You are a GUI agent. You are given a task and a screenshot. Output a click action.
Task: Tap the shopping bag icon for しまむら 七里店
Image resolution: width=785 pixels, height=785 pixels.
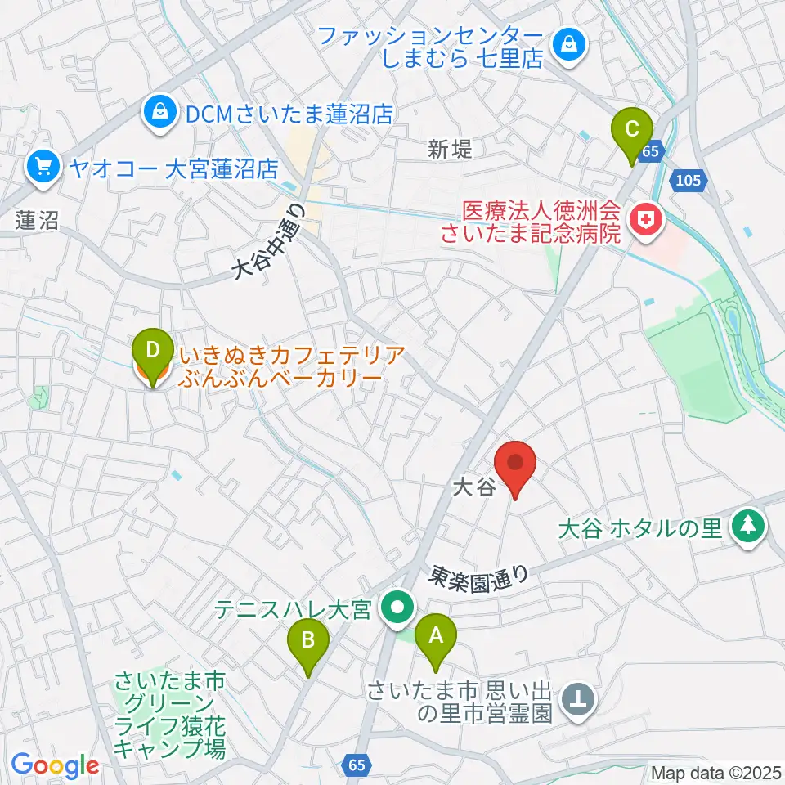[568, 45]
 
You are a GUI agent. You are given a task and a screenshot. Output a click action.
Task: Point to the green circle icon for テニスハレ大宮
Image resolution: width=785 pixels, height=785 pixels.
[398, 608]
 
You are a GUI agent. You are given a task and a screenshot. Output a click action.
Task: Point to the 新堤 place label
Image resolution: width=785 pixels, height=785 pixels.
[450, 149]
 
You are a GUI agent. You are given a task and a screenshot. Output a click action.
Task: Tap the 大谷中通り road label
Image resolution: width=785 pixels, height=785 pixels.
[269, 241]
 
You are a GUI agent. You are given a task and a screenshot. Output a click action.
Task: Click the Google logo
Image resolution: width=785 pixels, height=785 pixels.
[56, 765]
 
